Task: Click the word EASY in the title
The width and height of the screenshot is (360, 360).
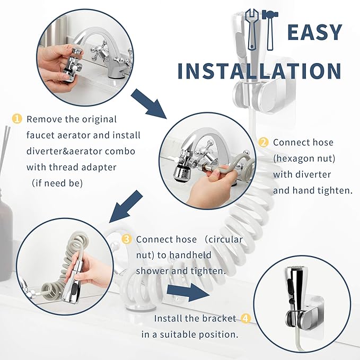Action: click(314, 33)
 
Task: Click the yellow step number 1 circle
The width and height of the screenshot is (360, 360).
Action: click(17, 119)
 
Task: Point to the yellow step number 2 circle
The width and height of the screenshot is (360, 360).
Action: click(264, 143)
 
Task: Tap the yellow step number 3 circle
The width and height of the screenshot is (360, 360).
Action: click(127, 240)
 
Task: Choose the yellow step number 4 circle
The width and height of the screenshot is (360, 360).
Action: click(245, 319)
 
